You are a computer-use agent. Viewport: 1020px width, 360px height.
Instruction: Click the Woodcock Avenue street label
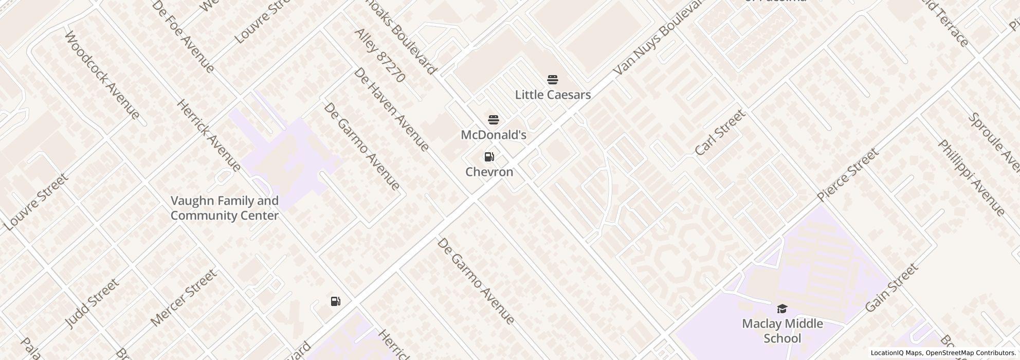[x=103, y=75]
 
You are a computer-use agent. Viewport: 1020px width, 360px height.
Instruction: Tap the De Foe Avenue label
[x=184, y=37]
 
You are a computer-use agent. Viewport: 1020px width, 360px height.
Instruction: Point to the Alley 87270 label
[x=380, y=56]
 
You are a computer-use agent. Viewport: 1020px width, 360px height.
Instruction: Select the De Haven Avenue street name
[x=391, y=110]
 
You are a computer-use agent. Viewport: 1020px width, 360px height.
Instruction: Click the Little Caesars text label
[x=553, y=95]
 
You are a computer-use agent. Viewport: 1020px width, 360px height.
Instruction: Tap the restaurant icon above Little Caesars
[x=553, y=80]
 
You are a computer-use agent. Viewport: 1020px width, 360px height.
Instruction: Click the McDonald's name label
[x=494, y=135]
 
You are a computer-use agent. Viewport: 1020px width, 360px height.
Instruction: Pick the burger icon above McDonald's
[x=494, y=120]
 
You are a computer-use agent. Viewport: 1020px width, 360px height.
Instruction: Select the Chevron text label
[x=489, y=172]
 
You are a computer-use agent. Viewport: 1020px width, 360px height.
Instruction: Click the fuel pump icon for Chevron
[x=489, y=157]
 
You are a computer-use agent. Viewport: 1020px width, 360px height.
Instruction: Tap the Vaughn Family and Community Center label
[x=225, y=208]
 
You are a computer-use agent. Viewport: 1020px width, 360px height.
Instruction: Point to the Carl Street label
[x=720, y=133]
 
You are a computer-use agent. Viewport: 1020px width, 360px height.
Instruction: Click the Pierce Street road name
[x=848, y=175]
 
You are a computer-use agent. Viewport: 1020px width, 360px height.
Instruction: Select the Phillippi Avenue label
[x=971, y=177]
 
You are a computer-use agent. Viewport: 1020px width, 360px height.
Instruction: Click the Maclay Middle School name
[x=782, y=331]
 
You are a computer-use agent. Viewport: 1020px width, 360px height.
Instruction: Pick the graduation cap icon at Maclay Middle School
[x=782, y=309]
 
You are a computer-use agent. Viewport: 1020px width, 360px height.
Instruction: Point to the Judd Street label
[x=93, y=303]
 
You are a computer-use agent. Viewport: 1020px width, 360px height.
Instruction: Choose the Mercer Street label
[x=184, y=298]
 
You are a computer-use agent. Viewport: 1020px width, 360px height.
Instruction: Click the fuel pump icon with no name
[x=336, y=301]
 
